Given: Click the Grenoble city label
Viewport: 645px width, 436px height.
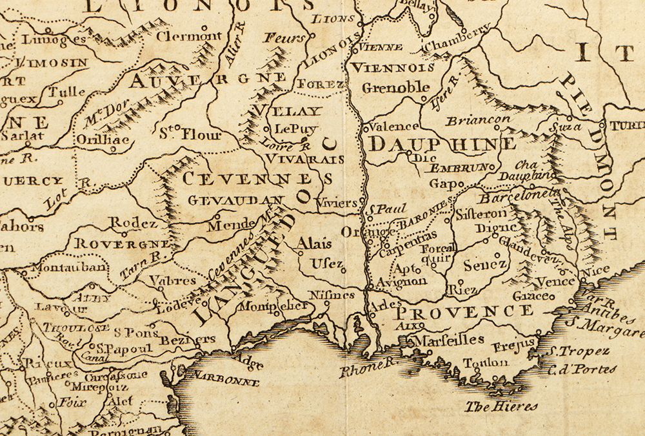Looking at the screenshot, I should [x=395, y=87].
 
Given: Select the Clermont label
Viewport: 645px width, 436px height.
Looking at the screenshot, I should [x=188, y=37].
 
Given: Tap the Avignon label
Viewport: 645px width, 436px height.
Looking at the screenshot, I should [x=402, y=282].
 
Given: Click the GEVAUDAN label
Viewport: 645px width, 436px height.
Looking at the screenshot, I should [x=235, y=200].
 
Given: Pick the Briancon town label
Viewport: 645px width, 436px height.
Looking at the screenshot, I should [x=478, y=120].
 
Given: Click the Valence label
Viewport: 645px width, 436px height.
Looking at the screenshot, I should [x=392, y=127].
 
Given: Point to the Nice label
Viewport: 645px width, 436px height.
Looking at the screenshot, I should [x=596, y=272].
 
